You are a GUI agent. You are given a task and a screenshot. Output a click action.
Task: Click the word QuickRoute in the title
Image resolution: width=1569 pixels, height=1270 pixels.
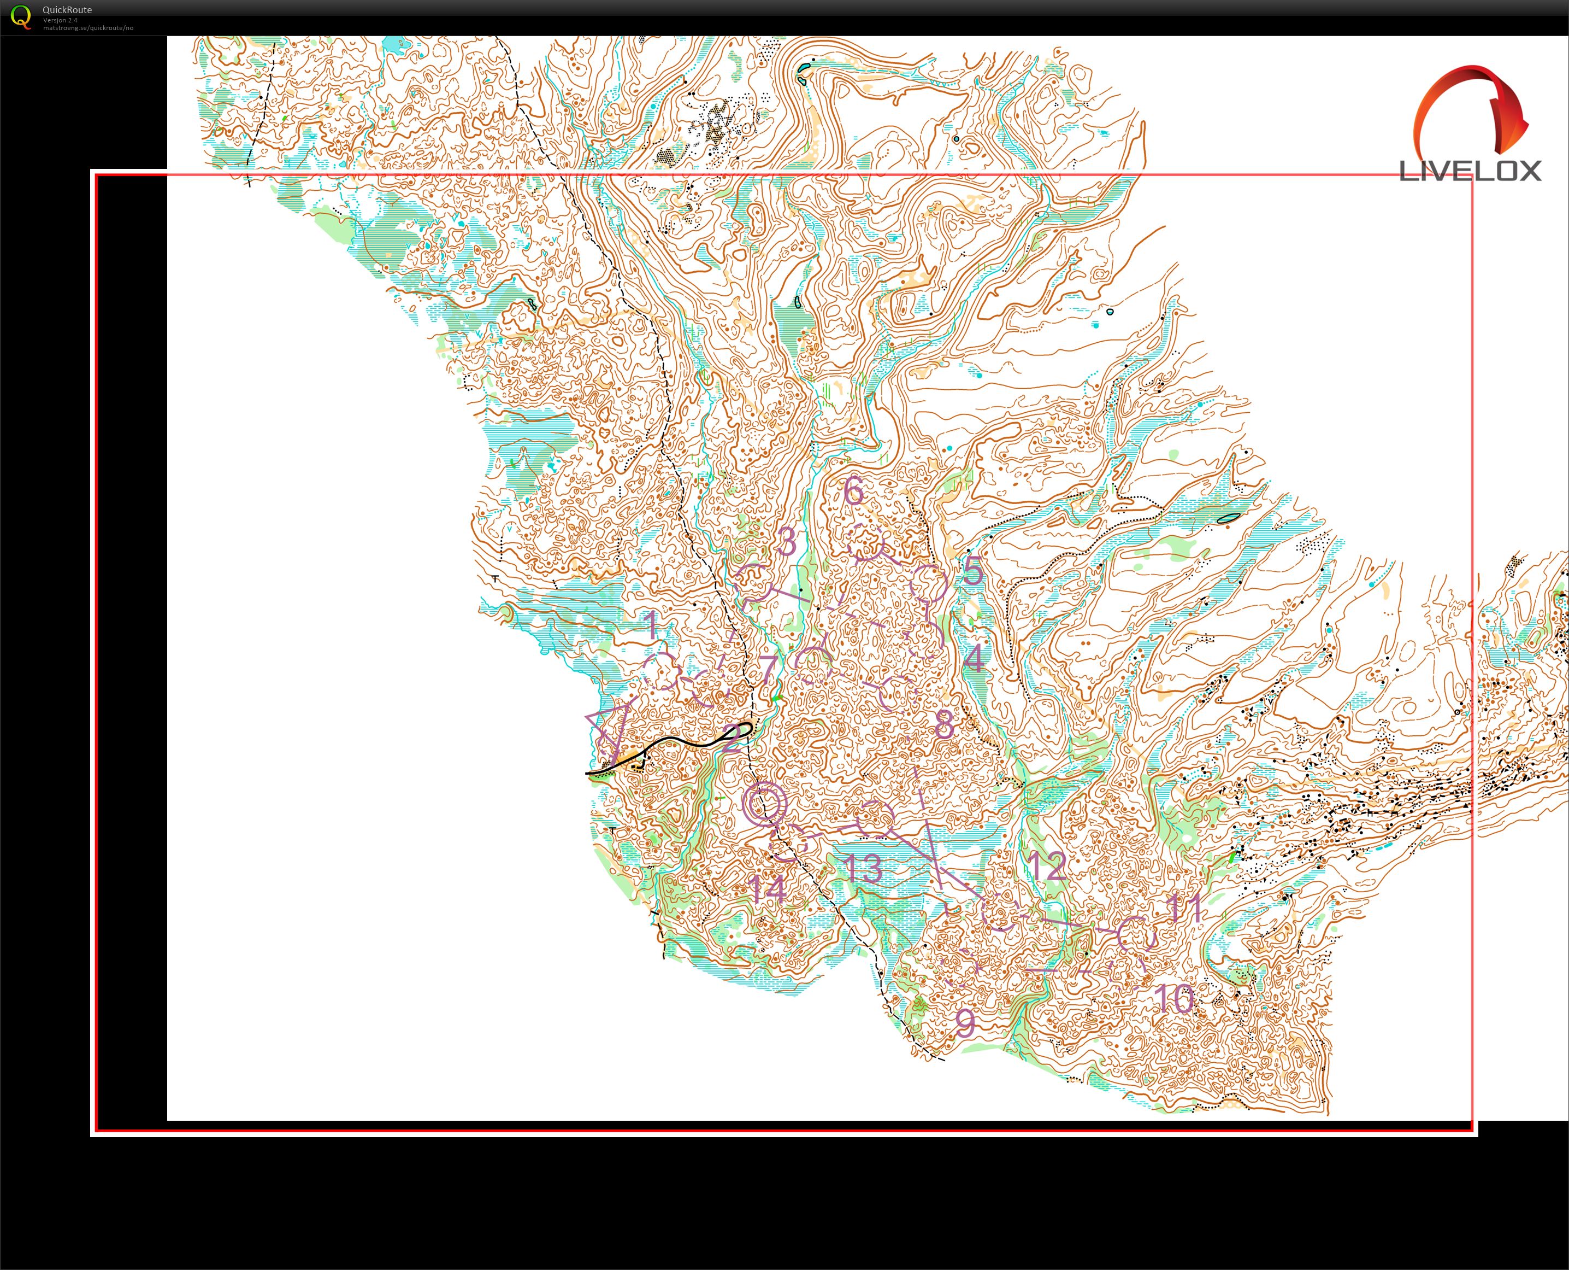pos(67,9)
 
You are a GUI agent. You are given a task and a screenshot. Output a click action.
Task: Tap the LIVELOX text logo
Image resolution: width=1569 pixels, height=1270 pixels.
pos(1470,171)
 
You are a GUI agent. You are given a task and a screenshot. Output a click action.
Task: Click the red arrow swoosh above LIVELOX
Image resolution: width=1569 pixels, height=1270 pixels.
pos(1470,110)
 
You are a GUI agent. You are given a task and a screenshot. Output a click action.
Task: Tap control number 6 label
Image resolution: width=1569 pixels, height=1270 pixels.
pos(853,490)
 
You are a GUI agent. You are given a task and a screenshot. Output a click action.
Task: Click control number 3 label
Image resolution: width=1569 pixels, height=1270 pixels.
pos(787,541)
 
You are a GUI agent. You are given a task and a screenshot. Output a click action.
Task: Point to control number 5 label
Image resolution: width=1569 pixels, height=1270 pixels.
pos(972,571)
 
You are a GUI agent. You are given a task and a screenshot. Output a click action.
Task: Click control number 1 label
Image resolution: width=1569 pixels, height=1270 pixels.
pos(651,625)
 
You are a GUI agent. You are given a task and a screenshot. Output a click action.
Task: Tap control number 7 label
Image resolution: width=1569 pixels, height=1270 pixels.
pos(768,668)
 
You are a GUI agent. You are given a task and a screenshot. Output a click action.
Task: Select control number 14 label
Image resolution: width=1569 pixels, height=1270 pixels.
pos(768,889)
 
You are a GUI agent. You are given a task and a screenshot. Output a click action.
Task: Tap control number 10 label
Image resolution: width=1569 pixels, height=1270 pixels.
pos(1174,999)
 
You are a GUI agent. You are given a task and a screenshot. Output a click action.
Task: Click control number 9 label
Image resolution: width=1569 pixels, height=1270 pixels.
pos(965,1022)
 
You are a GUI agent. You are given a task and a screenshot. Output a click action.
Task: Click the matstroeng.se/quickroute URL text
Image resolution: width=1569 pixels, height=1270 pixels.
pos(88,28)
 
